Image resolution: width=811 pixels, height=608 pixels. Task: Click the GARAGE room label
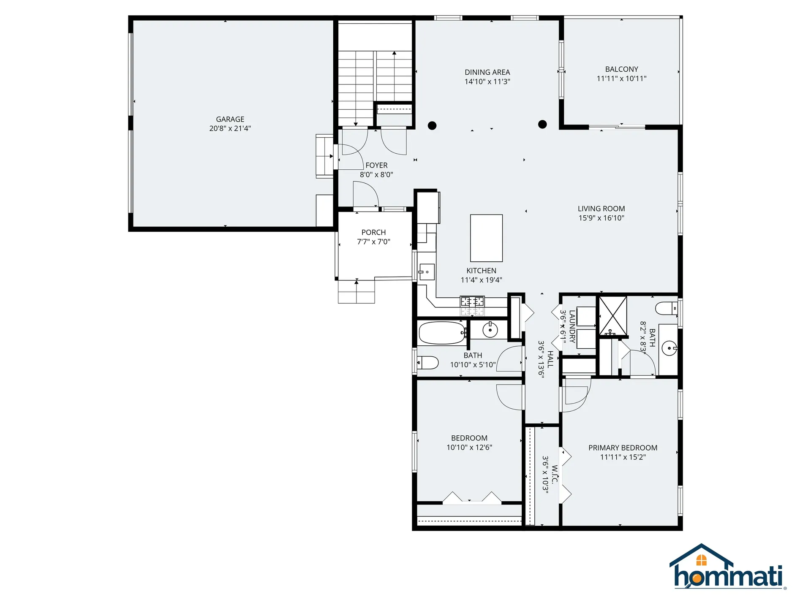tap(230, 119)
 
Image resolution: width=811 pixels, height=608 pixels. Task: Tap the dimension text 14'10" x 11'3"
tap(487, 81)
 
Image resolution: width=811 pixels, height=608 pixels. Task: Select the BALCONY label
tap(621, 69)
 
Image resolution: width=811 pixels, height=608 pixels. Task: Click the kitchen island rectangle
tap(486, 238)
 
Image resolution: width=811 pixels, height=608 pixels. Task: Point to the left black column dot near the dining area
tap(432, 125)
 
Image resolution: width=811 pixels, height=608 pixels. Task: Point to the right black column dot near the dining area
tap(542, 124)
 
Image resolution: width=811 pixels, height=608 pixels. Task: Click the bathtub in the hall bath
tap(441, 333)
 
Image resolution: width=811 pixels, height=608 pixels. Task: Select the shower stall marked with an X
tap(612, 315)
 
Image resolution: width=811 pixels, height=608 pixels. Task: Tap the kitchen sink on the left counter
tap(427, 272)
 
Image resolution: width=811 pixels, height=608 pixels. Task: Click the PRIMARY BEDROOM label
tap(623, 448)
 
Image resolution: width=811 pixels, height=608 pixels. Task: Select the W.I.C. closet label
tap(554, 474)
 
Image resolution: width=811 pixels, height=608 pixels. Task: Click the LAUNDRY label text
tap(572, 326)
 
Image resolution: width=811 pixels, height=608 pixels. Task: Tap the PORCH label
tap(373, 232)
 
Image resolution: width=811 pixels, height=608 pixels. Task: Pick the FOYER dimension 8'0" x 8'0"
tap(376, 174)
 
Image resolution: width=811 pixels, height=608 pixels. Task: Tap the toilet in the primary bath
tap(666, 308)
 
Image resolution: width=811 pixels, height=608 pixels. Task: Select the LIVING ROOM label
tap(601, 209)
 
